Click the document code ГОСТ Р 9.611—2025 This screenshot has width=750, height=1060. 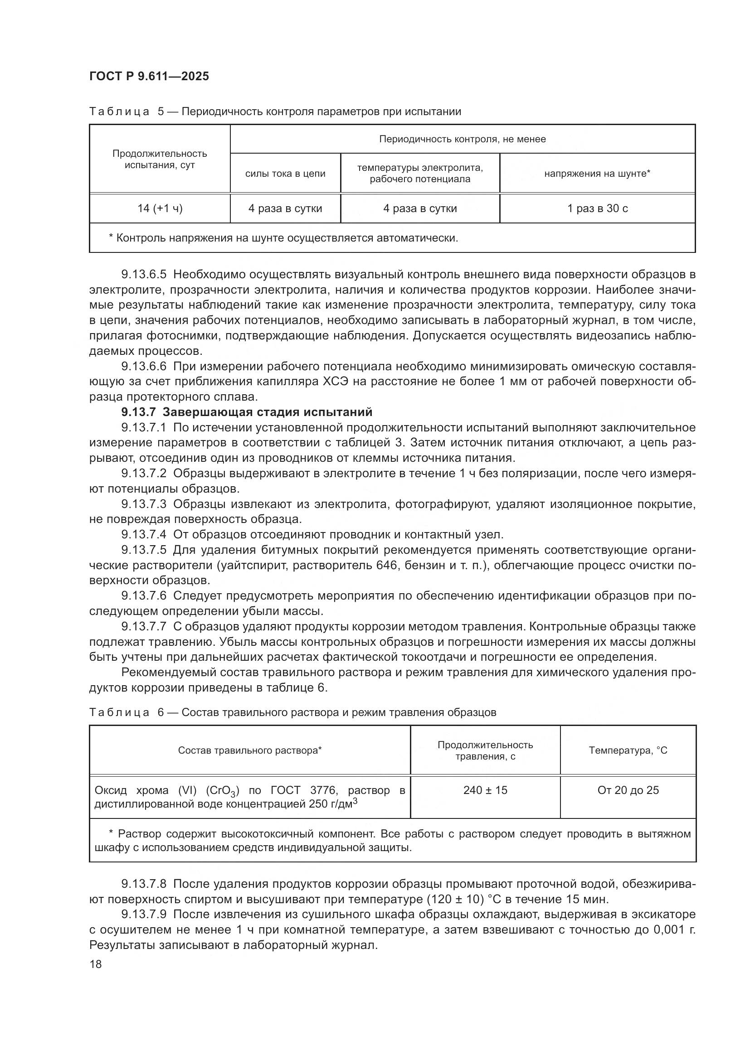coord(149,76)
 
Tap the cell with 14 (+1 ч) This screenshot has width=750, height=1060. coord(160,208)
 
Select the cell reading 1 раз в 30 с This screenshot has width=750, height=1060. coord(597,208)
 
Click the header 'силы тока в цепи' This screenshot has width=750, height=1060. coord(285,174)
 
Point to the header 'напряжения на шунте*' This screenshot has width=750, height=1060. coord(597,174)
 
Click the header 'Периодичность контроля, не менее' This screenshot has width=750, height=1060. coord(462,139)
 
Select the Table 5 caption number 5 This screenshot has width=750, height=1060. coord(161,112)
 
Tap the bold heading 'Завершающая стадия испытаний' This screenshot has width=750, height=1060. coord(268,412)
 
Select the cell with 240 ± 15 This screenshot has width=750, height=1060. coord(485,790)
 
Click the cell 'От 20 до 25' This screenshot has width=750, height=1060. coord(628,790)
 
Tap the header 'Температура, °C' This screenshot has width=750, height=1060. coord(628,750)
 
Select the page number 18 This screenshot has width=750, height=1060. coord(96,964)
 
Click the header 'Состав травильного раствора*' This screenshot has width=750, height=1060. coord(250,750)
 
